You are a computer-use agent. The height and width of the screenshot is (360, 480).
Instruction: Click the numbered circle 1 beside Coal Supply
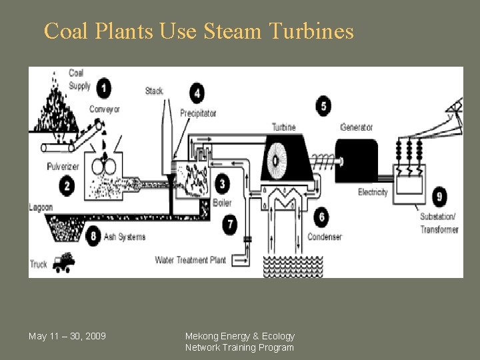pos(104,87)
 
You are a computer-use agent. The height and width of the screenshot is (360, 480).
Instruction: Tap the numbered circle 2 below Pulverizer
pos(67,186)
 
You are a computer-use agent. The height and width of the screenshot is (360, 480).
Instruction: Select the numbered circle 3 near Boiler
pos(221,183)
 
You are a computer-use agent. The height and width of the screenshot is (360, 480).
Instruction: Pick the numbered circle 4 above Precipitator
pos(197,93)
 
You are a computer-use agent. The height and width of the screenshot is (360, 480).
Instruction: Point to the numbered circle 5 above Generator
pos(323,106)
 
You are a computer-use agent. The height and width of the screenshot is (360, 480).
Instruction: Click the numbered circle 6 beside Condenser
pos(322,217)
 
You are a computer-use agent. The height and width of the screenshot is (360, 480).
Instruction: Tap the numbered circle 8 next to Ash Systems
pos(93,236)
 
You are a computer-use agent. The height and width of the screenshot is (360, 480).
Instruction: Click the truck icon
pos(64,262)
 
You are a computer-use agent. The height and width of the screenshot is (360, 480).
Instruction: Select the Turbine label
pos(283,127)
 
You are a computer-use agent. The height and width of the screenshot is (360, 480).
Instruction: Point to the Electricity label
pos(373,193)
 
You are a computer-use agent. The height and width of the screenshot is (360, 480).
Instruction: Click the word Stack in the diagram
pos(154,91)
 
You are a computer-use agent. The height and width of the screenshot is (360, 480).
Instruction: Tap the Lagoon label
pos(41,207)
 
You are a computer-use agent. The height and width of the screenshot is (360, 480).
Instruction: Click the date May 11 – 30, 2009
pos(67,335)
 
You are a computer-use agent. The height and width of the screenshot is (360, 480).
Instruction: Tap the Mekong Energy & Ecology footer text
pos(239,336)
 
